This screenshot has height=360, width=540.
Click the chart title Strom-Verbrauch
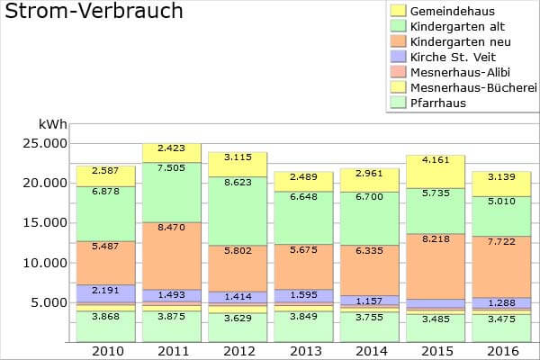94,12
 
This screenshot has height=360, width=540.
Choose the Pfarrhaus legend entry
436,103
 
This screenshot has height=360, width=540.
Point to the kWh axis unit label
52,124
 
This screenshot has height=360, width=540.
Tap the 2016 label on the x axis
501,350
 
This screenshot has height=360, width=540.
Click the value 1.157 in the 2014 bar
369,300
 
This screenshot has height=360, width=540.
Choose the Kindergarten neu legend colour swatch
397,41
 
